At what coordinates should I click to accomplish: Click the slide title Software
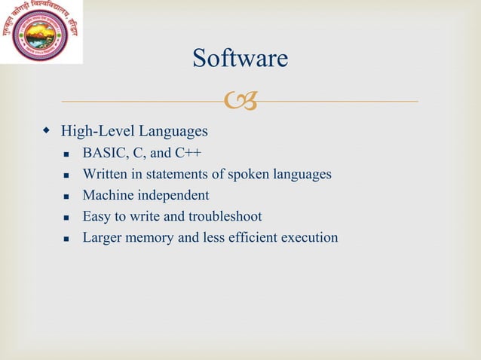(240, 58)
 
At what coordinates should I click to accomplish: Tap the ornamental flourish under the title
(240, 100)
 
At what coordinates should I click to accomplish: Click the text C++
(188, 154)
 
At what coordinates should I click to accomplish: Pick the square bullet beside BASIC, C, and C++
(67, 154)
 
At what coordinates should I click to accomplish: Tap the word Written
(105, 175)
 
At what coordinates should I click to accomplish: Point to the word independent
(173, 196)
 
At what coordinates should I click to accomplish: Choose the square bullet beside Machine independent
(67, 197)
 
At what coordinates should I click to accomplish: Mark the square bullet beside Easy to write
(67, 218)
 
